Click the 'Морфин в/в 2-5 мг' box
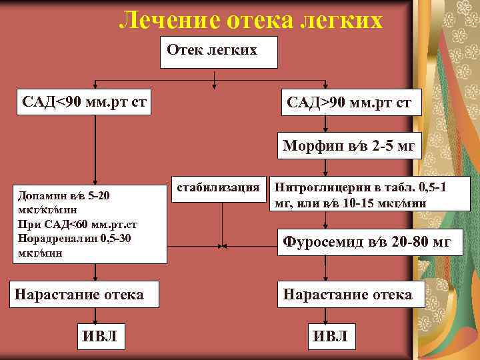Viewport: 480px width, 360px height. coord(348,145)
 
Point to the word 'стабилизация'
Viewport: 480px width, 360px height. coord(218,188)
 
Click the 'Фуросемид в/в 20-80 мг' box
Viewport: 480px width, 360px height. coord(363,242)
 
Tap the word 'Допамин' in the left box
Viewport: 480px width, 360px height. coord(40,196)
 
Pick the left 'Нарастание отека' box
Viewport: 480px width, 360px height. coord(79,294)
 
